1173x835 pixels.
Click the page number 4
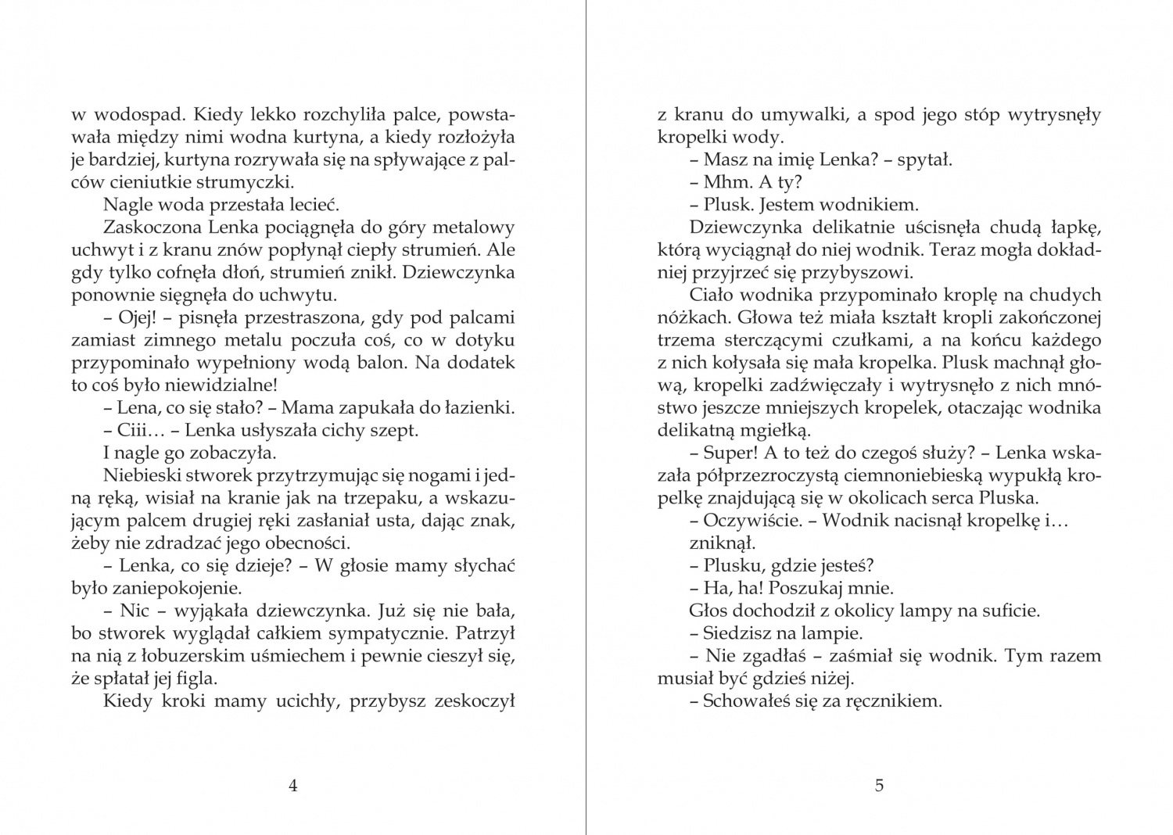pos(293,786)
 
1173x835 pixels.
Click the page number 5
pos(879,786)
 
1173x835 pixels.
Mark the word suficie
pos(1003,611)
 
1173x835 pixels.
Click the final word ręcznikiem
pos(893,701)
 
